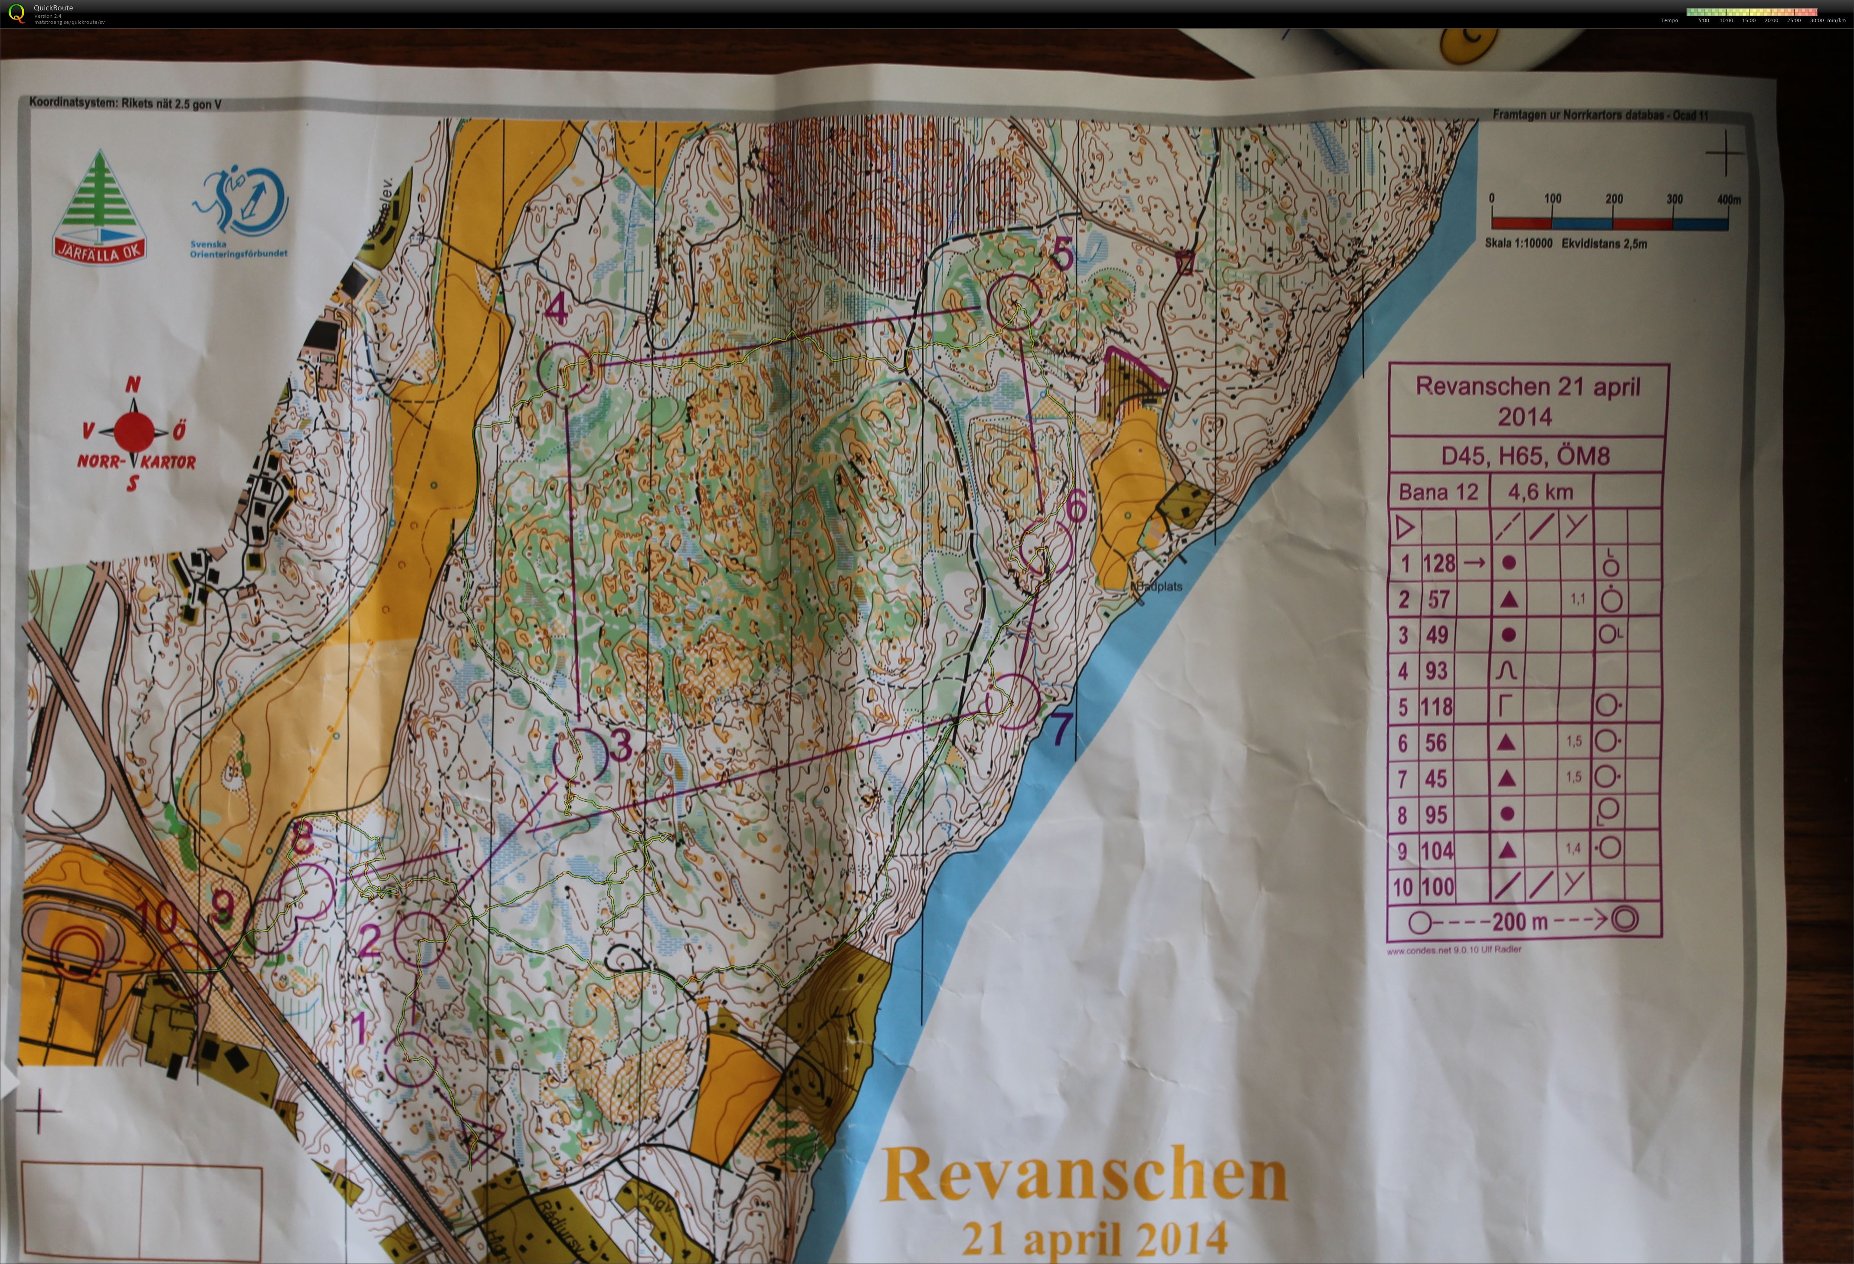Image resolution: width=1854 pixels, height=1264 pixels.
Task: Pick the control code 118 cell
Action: coord(1436,706)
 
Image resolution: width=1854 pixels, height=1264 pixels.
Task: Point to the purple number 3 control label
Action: coord(621,745)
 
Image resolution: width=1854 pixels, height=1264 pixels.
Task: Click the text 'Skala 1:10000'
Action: coord(1518,243)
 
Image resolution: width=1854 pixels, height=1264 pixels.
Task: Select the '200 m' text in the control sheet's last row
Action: coord(1520,922)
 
